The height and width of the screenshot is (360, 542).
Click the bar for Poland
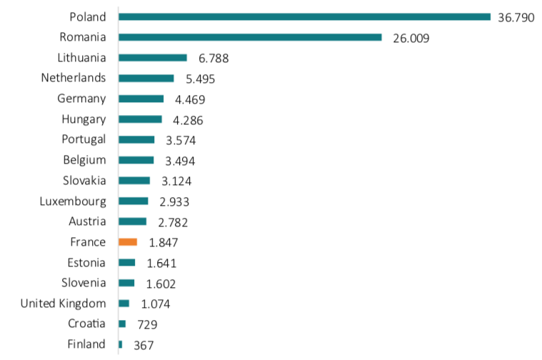point(304,16)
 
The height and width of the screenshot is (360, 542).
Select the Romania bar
point(250,37)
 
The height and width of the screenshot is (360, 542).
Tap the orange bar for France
point(128,242)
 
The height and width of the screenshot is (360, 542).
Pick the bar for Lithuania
point(153,58)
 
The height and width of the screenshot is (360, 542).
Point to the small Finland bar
point(120,344)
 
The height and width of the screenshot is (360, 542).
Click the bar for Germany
point(141,99)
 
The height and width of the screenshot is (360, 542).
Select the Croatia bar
point(122,324)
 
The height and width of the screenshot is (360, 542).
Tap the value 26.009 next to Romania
point(411,38)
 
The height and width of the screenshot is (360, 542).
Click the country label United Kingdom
point(63,304)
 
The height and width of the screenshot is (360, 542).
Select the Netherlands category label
point(74,77)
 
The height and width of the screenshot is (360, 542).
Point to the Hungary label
point(84,119)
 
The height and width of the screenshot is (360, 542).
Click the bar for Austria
point(132,221)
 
